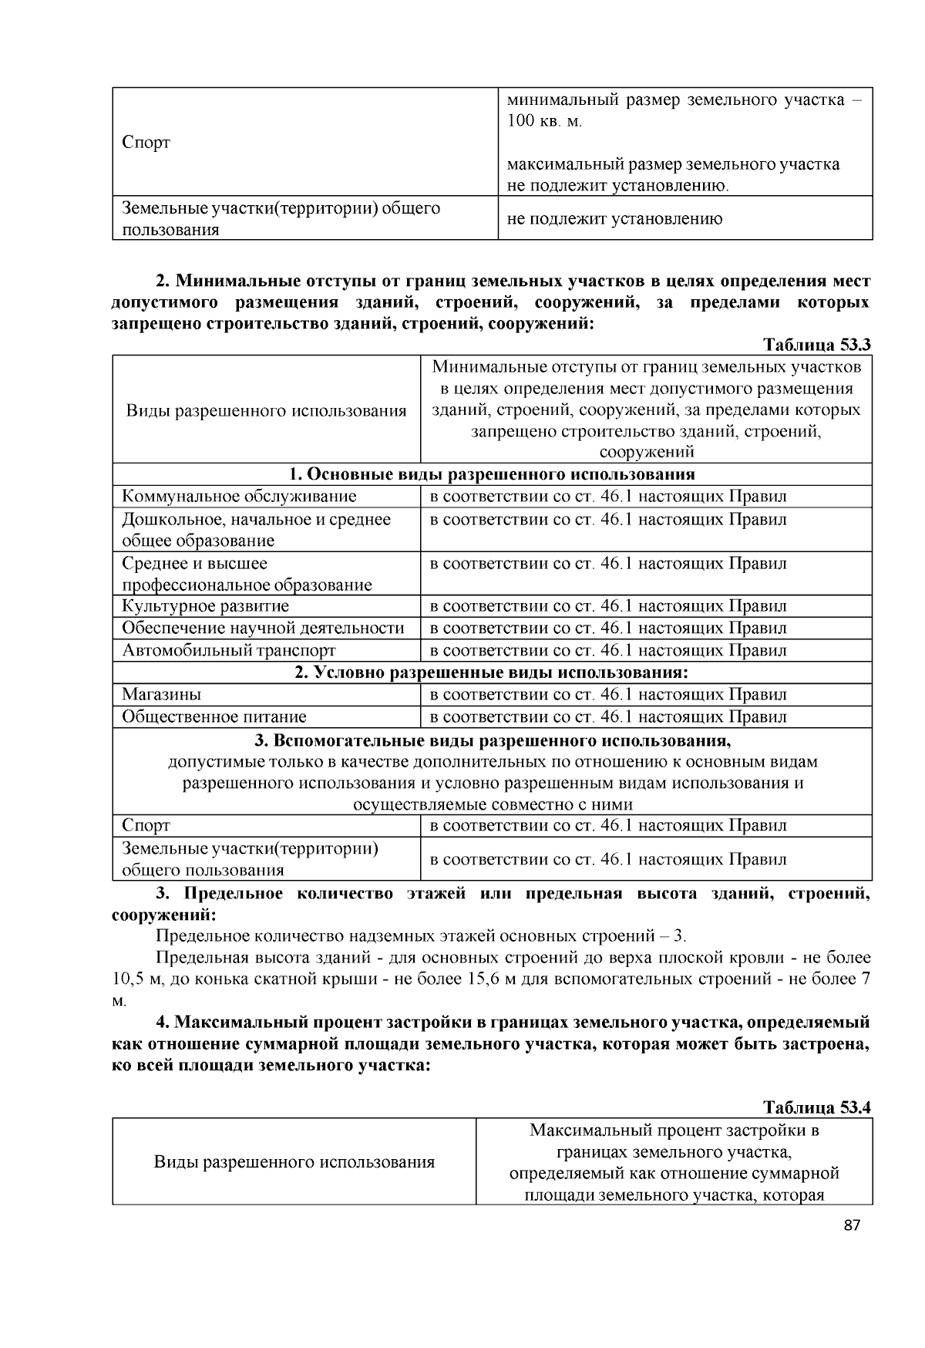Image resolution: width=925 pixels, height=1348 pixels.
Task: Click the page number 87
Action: click(x=851, y=1226)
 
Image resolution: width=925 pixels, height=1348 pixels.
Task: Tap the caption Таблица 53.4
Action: click(x=816, y=1107)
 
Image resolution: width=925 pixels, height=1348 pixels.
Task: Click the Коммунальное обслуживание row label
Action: click(x=239, y=497)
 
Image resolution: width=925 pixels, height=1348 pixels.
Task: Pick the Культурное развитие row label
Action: click(x=205, y=606)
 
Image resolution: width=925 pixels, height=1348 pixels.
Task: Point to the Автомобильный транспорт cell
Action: click(x=229, y=650)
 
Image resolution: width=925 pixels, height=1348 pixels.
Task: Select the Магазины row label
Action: click(x=161, y=694)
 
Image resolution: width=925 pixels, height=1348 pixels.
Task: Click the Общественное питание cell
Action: click(x=214, y=716)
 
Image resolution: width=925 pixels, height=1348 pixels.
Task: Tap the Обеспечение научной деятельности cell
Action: click(x=263, y=628)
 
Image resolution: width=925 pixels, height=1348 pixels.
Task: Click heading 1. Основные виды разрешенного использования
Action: click(x=492, y=473)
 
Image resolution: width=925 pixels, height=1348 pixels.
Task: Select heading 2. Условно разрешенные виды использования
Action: click(x=492, y=672)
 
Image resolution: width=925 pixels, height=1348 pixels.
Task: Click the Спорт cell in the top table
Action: click(x=146, y=143)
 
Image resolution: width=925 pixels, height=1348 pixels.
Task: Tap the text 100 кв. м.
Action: click(x=544, y=122)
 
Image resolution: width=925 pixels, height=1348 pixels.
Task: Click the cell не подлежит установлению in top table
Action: click(x=614, y=219)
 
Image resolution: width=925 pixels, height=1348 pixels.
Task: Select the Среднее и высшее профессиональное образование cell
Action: click(x=247, y=574)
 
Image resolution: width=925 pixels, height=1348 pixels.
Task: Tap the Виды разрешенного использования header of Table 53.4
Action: click(x=294, y=1162)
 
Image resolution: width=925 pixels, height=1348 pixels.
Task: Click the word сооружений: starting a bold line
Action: click(x=163, y=916)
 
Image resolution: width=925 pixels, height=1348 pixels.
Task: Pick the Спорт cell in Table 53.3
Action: click(x=146, y=826)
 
